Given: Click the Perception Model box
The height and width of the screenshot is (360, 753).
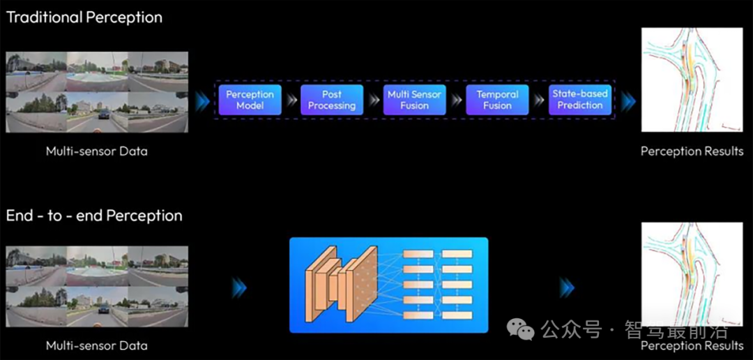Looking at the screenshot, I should click(x=250, y=100).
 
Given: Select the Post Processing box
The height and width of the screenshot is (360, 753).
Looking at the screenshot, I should click(x=332, y=100).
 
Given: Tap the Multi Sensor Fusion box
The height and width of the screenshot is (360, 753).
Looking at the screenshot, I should click(x=415, y=100).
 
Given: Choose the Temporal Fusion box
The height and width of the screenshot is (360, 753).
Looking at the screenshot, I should click(x=497, y=100).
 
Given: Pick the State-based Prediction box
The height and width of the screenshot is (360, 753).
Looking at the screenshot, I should click(x=580, y=100).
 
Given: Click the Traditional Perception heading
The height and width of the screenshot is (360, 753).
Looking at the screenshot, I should click(x=84, y=17).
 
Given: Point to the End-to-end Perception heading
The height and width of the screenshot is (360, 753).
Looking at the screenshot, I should click(x=94, y=216).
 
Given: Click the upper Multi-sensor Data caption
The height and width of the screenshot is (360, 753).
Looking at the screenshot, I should click(x=97, y=151).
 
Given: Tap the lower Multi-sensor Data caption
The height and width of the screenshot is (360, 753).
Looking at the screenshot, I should click(x=97, y=345).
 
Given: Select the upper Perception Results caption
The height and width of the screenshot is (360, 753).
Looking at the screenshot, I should click(x=692, y=151).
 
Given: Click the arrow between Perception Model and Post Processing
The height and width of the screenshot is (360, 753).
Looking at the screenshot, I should click(x=291, y=100).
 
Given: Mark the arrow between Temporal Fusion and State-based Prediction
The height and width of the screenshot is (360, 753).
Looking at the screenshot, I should click(x=539, y=100).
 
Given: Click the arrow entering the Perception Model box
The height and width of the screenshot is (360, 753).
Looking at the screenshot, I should click(x=202, y=103).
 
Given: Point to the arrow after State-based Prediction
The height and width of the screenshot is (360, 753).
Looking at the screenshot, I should click(x=627, y=103).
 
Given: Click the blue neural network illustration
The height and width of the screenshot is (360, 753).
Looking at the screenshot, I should click(x=388, y=285).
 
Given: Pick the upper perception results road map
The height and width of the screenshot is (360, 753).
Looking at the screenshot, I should click(x=692, y=80).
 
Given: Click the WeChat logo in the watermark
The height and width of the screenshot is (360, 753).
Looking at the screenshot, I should click(x=521, y=329).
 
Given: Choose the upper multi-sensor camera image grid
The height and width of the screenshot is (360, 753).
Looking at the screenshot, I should click(x=97, y=92).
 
